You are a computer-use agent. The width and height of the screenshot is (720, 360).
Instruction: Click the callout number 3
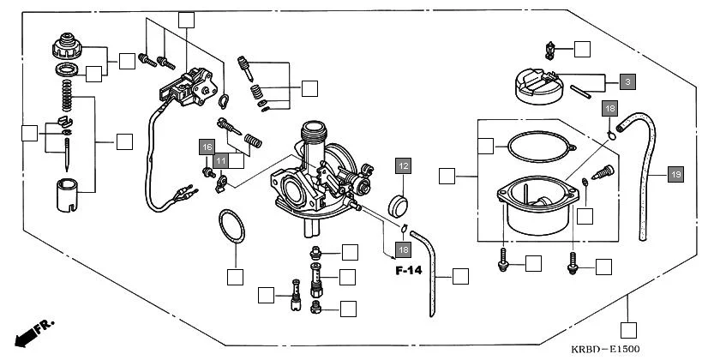click(x=627, y=82)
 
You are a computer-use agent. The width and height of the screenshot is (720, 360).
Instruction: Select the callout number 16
click(x=207, y=147)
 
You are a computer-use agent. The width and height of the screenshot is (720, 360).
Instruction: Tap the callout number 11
click(x=220, y=160)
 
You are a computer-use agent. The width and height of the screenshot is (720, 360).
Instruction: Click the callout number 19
click(x=675, y=175)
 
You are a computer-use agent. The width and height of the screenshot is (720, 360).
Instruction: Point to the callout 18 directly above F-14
click(x=402, y=249)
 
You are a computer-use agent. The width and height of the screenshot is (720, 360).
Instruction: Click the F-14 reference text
click(x=410, y=271)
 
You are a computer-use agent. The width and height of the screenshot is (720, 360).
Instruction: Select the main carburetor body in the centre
click(x=317, y=176)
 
